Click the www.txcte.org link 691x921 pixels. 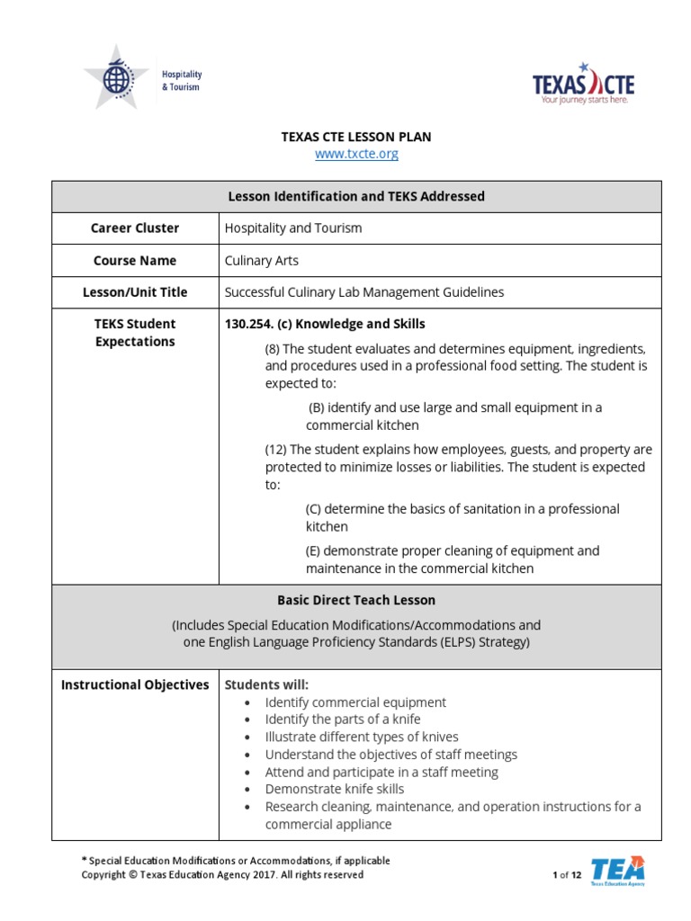(356, 154)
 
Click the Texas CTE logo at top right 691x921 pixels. (583, 85)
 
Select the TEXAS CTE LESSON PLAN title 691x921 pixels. (356, 137)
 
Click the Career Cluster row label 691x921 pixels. (135, 228)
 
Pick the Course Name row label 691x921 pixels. (135, 261)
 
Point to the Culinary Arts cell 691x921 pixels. (261, 261)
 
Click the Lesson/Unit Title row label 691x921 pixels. (135, 292)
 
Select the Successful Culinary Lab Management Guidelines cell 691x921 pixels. (363, 292)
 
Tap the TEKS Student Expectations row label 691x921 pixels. (135, 333)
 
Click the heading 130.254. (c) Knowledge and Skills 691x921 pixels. (325, 324)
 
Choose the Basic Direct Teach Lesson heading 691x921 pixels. (356, 600)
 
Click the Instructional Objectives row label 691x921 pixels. (135, 685)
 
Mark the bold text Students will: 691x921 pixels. (266, 685)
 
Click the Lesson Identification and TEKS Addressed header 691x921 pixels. (356, 196)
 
